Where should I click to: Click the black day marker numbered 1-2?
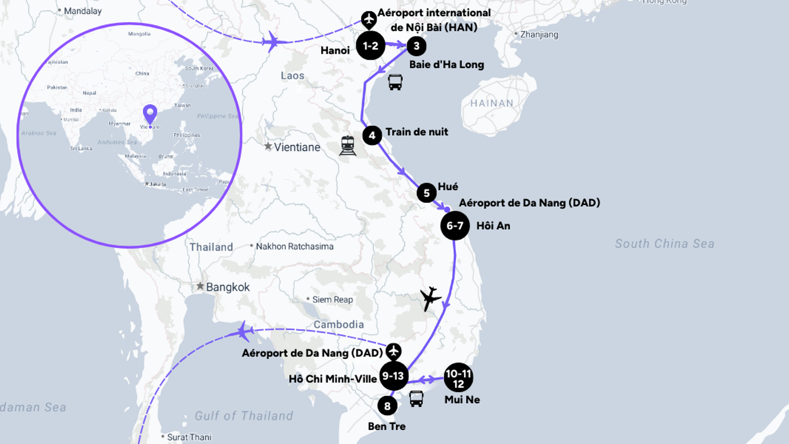(x=370, y=46)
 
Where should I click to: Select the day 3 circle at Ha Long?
(x=416, y=46)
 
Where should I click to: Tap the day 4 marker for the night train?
(x=372, y=136)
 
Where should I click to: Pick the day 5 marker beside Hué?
(x=426, y=193)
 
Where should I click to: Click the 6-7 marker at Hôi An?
(x=455, y=226)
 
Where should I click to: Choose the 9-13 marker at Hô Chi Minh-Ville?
(x=393, y=376)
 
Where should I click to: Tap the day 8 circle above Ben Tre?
(x=387, y=406)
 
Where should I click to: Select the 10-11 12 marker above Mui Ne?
(x=458, y=378)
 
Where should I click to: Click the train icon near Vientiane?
(x=348, y=146)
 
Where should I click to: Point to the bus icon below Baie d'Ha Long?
(x=395, y=82)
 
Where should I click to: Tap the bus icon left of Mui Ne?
(x=416, y=399)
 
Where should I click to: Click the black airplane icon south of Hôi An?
(x=430, y=298)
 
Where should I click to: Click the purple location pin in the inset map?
(x=150, y=114)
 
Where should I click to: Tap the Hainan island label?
(x=492, y=103)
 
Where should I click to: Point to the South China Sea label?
(x=665, y=244)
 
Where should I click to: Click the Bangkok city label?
(x=228, y=287)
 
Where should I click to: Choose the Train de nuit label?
(x=417, y=132)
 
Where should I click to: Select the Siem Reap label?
(x=333, y=300)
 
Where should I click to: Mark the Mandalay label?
(x=82, y=11)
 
